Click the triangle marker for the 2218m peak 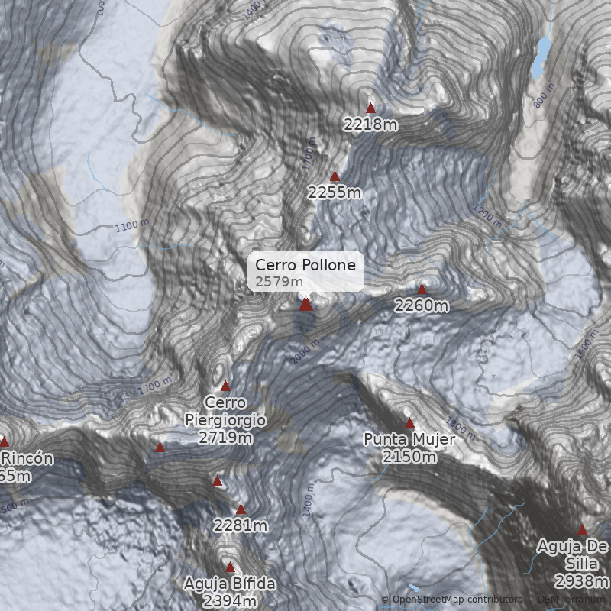[x=371, y=108]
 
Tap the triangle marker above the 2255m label [x=335, y=176]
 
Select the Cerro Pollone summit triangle [x=305, y=304]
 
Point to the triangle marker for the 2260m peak [x=422, y=289]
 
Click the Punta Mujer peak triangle [x=409, y=422]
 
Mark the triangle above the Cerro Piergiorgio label [x=225, y=386]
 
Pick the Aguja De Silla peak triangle [x=582, y=529]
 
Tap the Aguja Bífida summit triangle [x=230, y=567]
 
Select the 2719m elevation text [x=225, y=438]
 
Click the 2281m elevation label [x=241, y=525]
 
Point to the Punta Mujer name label [x=409, y=439]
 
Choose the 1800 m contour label [x=461, y=433]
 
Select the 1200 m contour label [x=487, y=216]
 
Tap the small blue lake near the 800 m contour [x=542, y=57]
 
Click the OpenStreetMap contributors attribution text [x=457, y=600]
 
